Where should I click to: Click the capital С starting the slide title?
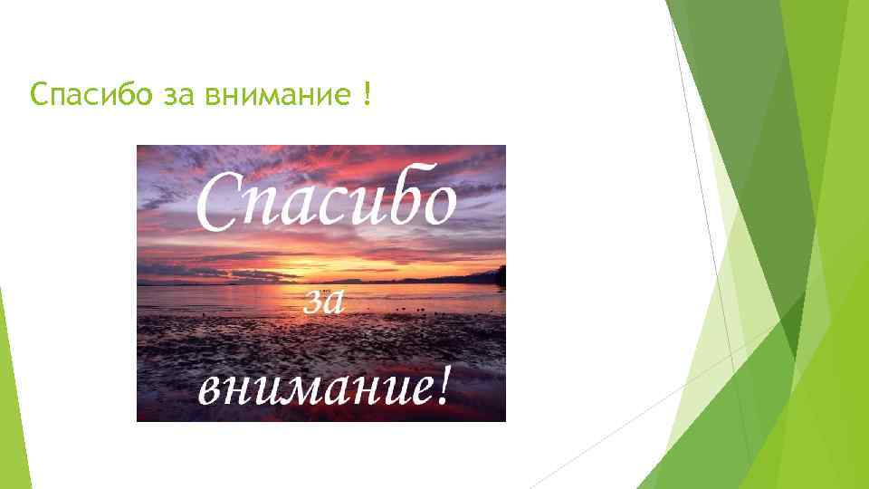(37, 94)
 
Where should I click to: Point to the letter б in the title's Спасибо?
(123, 93)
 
